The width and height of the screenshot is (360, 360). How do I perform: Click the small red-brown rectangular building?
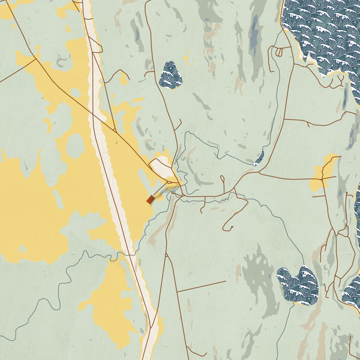pos(150,200)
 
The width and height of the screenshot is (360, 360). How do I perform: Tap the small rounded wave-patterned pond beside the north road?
pos(170,75)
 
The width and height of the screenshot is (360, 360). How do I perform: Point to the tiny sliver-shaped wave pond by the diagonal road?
pos(259,158)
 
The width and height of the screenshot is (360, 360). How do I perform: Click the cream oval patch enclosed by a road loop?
pos(162,168)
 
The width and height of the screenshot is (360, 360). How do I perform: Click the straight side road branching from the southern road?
pos(201,286)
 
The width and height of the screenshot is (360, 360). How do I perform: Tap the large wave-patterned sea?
pos(324,30)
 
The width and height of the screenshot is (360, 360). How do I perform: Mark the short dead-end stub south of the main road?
pos(202,207)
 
